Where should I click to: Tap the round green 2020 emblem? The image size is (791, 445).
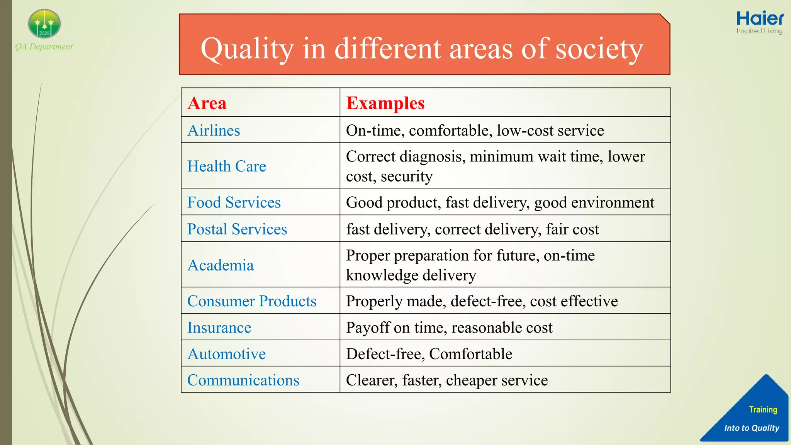[44, 24]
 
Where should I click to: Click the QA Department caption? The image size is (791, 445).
[44, 47]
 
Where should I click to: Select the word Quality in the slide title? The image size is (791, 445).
[247, 49]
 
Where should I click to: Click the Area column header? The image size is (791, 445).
[207, 103]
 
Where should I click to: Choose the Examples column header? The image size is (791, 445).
[385, 103]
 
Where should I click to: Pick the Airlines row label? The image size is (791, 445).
[214, 131]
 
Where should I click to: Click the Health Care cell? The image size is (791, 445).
[227, 166]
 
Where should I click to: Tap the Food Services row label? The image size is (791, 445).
[234, 202]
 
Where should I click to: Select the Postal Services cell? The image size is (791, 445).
[237, 229]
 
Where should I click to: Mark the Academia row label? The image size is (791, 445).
[221, 265]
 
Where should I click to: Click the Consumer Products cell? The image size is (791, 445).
[252, 301]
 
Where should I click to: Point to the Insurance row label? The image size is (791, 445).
[219, 328]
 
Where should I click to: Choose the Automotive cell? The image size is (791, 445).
[226, 354]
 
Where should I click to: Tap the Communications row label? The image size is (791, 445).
[243, 380]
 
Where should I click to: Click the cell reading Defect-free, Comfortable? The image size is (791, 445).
[429, 354]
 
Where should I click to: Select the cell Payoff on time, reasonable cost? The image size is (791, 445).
[449, 328]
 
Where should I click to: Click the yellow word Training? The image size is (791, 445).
[763, 409]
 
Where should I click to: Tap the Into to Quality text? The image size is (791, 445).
[752, 428]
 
